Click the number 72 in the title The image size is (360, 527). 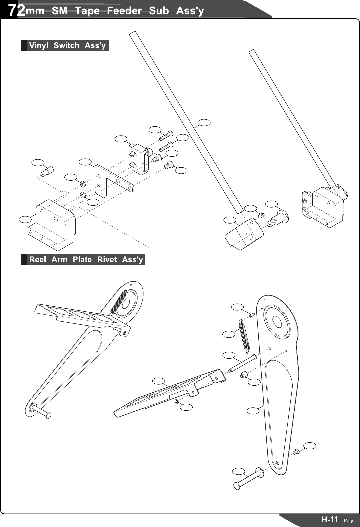point(17,11)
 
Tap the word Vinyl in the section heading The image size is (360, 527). point(39,45)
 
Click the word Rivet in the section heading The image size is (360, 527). point(107,260)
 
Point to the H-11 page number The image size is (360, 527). point(329,519)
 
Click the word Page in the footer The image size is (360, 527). point(349,521)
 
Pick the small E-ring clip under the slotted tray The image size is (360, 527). point(177,403)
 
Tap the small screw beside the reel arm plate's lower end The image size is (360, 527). point(295,452)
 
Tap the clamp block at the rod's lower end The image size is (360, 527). point(244,234)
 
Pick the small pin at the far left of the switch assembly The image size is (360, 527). point(46,172)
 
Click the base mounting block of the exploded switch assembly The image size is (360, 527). point(53,225)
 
